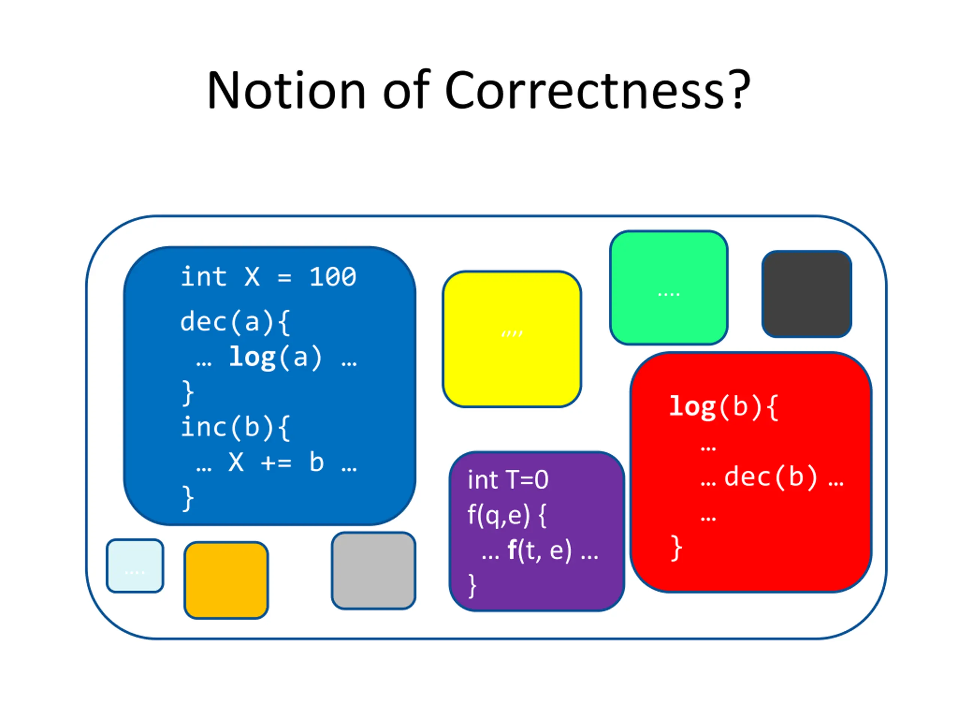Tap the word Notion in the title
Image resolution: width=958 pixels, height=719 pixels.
pyautogui.click(x=286, y=90)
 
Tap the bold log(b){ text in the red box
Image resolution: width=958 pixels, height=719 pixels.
pyautogui.click(x=724, y=407)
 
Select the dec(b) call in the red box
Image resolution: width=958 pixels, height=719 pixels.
pyautogui.click(x=771, y=477)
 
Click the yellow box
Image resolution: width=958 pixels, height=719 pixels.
pyautogui.click(x=512, y=339)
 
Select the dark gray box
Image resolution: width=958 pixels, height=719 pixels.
pyautogui.click(x=806, y=294)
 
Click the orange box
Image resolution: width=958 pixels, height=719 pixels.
pyautogui.click(x=226, y=580)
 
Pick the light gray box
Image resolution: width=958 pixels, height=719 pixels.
pyautogui.click(x=373, y=570)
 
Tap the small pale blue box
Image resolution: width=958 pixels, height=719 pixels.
pyautogui.click(x=135, y=565)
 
